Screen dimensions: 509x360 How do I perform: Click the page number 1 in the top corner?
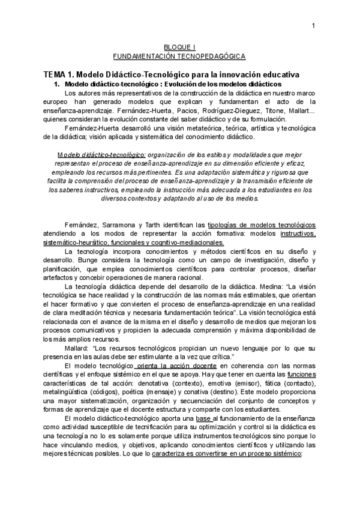(313, 25)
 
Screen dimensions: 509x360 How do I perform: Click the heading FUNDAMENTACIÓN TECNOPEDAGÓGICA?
(179, 56)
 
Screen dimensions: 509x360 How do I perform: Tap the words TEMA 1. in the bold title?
(58, 74)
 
